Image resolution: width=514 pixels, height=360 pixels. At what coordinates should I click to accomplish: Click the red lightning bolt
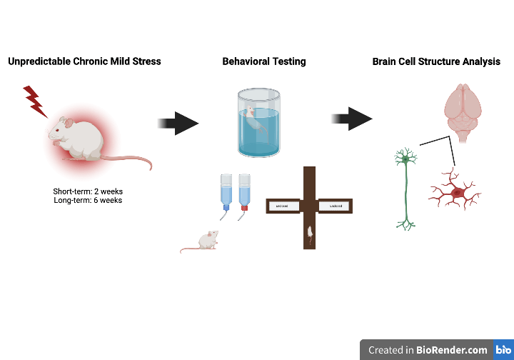pyautogui.click(x=34, y=100)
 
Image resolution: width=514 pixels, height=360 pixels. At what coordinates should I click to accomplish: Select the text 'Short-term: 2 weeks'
pyautogui.click(x=88, y=191)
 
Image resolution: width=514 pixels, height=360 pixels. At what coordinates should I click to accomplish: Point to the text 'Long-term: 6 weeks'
pyautogui.click(x=88, y=201)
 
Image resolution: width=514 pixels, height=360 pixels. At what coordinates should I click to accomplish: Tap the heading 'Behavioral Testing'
pyautogui.click(x=264, y=61)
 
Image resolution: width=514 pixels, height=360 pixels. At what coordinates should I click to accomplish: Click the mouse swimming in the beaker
pyautogui.click(x=254, y=118)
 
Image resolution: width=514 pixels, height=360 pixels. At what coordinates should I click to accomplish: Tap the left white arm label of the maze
pyautogui.click(x=281, y=206)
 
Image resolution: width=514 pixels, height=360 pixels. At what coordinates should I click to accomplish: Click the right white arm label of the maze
pyautogui.click(x=335, y=206)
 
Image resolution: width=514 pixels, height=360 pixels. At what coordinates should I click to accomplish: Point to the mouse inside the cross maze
pyautogui.click(x=310, y=231)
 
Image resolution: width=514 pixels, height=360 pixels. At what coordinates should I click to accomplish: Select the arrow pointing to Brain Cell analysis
pyautogui.click(x=352, y=119)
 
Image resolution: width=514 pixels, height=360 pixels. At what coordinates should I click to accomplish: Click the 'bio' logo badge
pyautogui.click(x=503, y=350)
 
